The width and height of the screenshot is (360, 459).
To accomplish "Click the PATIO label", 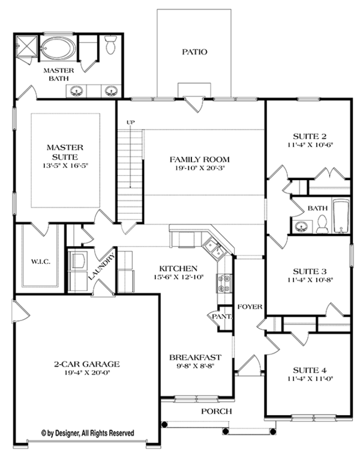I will pyautogui.click(x=194, y=52).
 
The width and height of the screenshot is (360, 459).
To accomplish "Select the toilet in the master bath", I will pyautogui.click(x=110, y=46).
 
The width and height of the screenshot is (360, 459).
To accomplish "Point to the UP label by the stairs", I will pyautogui.click(x=130, y=123).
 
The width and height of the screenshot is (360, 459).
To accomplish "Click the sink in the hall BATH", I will pyautogui.click(x=302, y=227).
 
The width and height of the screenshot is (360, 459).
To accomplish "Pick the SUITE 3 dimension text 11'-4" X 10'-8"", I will pyautogui.click(x=310, y=280).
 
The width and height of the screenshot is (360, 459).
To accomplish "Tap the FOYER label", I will pyautogui.click(x=250, y=307).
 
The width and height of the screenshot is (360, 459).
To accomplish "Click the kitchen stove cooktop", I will pyautogui.click(x=225, y=283).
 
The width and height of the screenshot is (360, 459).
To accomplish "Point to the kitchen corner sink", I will pyautogui.click(x=212, y=245).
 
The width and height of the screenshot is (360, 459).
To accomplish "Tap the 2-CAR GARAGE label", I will pyautogui.click(x=86, y=364).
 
